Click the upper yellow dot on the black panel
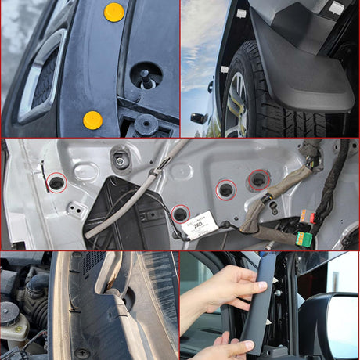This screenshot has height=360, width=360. (114, 12)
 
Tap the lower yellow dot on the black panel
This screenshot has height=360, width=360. (92, 120)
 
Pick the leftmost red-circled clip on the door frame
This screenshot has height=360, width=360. (56, 183)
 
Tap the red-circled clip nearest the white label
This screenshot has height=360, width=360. (180, 213)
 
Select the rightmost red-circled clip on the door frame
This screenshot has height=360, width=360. (259, 181)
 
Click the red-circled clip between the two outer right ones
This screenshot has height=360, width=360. (226, 189)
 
